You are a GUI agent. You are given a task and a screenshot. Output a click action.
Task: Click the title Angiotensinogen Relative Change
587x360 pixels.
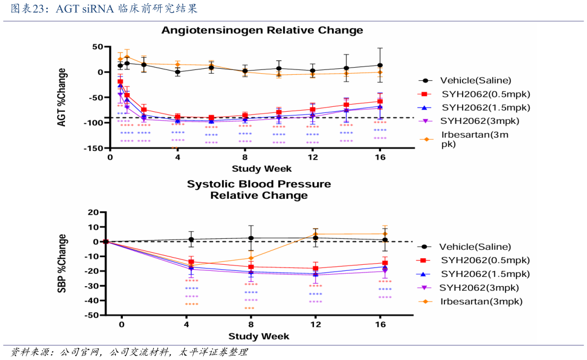coord(262,30)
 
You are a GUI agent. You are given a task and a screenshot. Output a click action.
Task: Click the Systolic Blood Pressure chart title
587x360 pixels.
coord(259,189)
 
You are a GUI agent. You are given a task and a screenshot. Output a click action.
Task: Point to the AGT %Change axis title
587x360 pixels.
coord(62,97)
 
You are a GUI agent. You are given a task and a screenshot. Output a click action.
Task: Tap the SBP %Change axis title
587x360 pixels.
coord(62,263)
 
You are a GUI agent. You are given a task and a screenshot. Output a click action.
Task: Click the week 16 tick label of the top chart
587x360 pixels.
coord(379,157)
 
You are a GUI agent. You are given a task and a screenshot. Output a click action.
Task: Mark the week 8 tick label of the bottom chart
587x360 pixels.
coord(251,325)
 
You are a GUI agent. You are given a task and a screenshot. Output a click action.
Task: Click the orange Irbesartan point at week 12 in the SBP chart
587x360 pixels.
coord(316,234)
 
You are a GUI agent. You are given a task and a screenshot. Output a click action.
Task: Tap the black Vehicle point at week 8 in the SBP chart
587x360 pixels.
coord(251,238)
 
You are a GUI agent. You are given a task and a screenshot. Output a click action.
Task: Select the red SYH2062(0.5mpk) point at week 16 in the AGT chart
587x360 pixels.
coord(379,101)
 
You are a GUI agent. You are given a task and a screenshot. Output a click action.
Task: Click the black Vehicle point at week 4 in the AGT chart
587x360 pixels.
coord(177,72)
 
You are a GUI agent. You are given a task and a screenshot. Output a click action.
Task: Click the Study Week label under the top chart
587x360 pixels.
coord(262,168)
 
